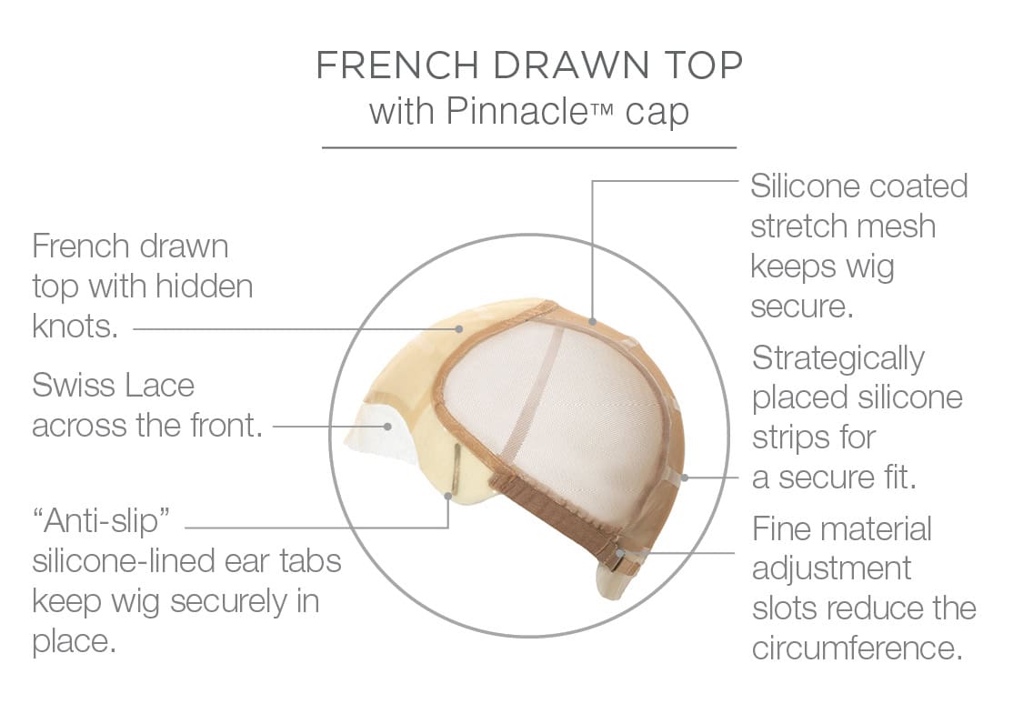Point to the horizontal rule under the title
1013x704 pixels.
529,147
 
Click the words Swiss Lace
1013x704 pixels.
113,386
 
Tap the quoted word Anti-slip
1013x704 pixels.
101,520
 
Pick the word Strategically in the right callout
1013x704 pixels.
838,359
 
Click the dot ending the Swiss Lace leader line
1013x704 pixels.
387,427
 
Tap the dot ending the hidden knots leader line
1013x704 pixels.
458,329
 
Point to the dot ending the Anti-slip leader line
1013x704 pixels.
448,497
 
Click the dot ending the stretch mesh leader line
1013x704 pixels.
592,321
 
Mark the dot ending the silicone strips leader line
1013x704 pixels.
686,478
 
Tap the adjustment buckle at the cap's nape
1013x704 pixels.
619,561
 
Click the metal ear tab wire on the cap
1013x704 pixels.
456,468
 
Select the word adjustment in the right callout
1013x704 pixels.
831,569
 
